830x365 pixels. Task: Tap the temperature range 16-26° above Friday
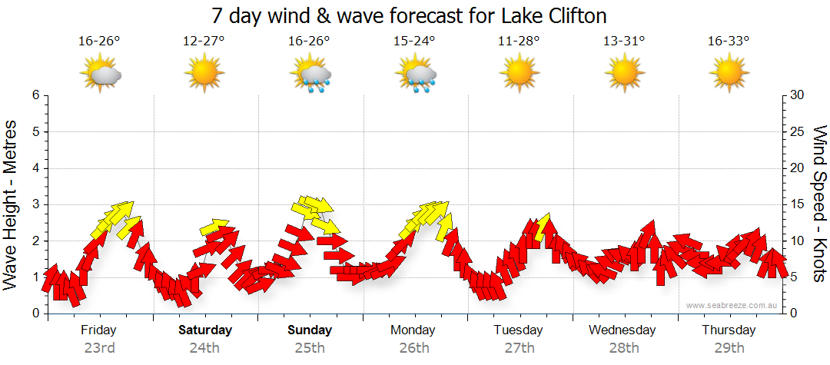[99, 41]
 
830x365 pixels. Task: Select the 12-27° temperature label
[204, 41]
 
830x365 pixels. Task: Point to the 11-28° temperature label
[519, 41]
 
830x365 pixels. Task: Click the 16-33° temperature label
[729, 41]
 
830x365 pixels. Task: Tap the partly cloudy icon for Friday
[100, 75]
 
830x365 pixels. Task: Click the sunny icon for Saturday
[204, 75]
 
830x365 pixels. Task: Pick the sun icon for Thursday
[729, 75]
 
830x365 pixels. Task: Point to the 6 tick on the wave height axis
[35, 95]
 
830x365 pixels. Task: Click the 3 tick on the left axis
[35, 204]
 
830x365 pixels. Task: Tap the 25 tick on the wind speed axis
[799, 132]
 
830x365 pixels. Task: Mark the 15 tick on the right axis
[799, 204]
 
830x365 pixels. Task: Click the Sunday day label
[310, 330]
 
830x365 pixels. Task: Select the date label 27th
[520, 348]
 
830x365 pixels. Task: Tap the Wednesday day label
[622, 330]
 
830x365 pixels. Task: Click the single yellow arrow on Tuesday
[544, 225]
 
